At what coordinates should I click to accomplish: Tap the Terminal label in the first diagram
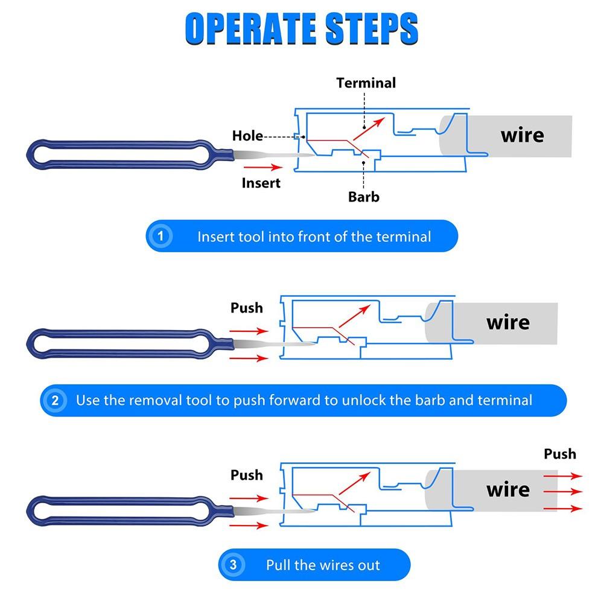(366, 83)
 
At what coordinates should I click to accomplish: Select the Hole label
(247, 136)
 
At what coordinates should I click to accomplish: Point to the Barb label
(364, 196)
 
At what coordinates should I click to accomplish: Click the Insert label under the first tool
(261, 182)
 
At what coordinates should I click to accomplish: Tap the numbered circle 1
(161, 236)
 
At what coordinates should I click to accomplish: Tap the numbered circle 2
(56, 400)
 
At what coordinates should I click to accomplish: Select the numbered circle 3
(234, 565)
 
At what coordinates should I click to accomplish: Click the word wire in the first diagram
(522, 135)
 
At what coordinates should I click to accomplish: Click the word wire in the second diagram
(508, 322)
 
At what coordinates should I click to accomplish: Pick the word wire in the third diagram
(508, 489)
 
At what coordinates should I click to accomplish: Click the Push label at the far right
(560, 454)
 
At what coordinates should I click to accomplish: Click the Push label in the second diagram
(247, 308)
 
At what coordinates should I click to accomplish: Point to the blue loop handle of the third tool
(121, 510)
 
